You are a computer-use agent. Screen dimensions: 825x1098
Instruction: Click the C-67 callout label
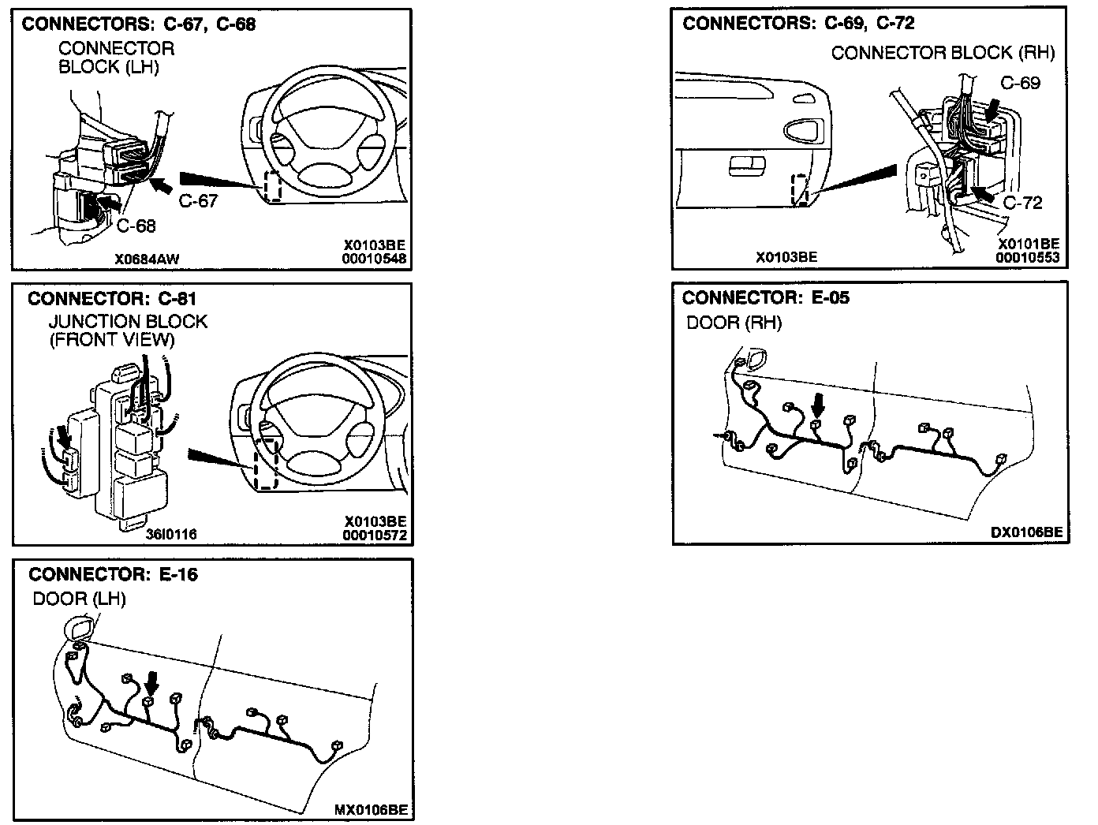[197, 201]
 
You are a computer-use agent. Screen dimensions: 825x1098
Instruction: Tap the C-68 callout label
[136, 226]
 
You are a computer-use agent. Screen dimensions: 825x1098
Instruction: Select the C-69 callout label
[1020, 83]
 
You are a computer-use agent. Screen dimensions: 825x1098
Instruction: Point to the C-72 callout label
[1022, 203]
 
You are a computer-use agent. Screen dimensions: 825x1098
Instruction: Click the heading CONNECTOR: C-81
[112, 299]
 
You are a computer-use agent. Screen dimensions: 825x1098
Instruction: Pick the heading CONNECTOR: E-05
[766, 297]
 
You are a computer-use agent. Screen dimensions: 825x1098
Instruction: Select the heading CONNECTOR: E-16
[113, 574]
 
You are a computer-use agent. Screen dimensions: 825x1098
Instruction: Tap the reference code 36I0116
[171, 534]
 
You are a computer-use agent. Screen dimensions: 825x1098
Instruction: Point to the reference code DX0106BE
[1026, 532]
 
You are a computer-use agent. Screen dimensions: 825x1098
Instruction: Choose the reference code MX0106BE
[371, 809]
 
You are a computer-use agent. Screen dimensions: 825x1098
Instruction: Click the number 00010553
[1027, 257]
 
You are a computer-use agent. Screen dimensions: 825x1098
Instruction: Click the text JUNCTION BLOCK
[128, 322]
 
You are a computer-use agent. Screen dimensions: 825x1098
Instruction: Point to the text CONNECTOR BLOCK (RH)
[943, 53]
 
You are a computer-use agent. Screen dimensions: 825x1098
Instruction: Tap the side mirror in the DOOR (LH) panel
[80, 628]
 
